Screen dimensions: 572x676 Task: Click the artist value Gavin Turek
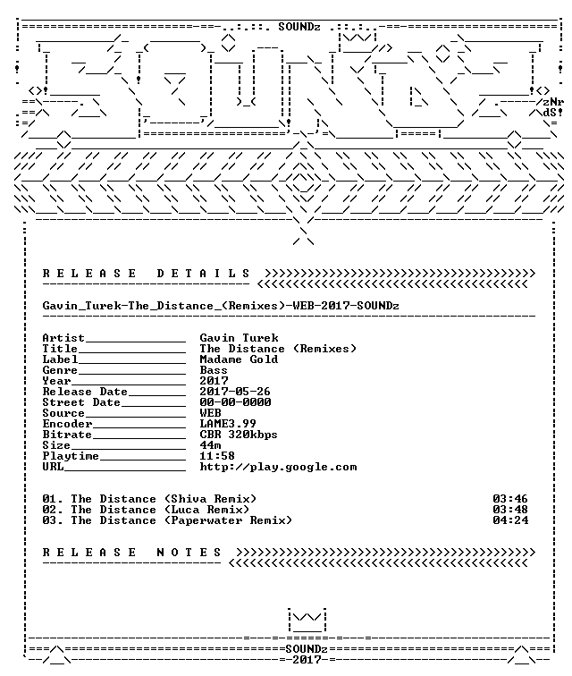tap(239, 338)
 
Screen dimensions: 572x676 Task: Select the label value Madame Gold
tap(239, 359)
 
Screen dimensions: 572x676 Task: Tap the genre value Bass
tap(214, 370)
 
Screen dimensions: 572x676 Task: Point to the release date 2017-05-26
tap(235, 392)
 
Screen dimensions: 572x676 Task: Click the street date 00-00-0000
tap(235, 402)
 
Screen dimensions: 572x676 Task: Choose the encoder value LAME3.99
tap(228, 424)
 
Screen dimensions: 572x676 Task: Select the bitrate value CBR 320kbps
tap(239, 435)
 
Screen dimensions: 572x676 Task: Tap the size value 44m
tap(210, 445)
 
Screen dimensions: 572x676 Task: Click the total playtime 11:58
tap(217, 456)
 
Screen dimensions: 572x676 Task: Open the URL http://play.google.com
tap(278, 468)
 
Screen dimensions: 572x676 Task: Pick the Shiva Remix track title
tap(149, 499)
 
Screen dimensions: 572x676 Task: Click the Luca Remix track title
tap(146, 510)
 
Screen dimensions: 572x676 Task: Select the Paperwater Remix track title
tap(167, 520)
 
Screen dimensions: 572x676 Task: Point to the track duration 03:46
tap(510, 499)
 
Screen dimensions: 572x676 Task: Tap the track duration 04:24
tap(510, 520)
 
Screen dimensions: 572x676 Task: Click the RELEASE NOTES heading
tap(132, 553)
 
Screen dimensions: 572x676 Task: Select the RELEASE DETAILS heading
tap(146, 274)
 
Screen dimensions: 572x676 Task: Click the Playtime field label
tap(71, 456)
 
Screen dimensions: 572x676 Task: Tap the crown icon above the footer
tap(307, 620)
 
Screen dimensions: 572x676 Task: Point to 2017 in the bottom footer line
tap(307, 660)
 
